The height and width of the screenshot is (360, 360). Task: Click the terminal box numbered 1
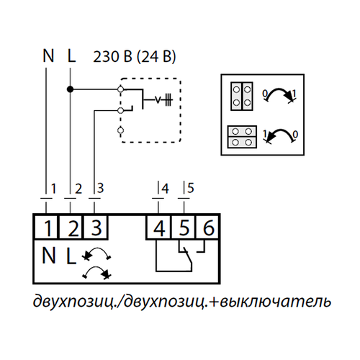click(46, 227)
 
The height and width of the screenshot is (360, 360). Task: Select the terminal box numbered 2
click(71, 227)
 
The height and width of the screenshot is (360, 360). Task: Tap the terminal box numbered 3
click(95, 227)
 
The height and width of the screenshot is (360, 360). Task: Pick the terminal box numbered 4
click(158, 227)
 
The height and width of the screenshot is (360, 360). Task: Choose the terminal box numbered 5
click(184, 227)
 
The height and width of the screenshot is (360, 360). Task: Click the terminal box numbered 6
click(207, 227)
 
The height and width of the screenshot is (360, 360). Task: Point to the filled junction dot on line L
click(70, 89)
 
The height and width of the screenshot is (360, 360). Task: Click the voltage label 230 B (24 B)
click(135, 57)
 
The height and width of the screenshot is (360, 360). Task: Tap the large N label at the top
click(48, 55)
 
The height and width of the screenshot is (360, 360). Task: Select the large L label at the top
click(71, 55)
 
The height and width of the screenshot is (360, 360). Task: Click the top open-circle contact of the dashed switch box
click(121, 89)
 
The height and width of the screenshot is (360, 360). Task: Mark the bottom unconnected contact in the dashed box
click(121, 130)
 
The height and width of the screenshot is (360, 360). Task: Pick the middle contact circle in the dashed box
click(121, 110)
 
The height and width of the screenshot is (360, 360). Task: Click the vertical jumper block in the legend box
click(242, 96)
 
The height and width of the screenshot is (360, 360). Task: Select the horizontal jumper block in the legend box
click(242, 137)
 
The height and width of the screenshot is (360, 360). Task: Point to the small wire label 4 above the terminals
click(165, 189)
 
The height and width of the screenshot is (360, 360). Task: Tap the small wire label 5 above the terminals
click(191, 188)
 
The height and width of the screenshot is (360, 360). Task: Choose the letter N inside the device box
click(49, 256)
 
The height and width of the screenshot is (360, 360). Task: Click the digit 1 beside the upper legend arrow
click(294, 94)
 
